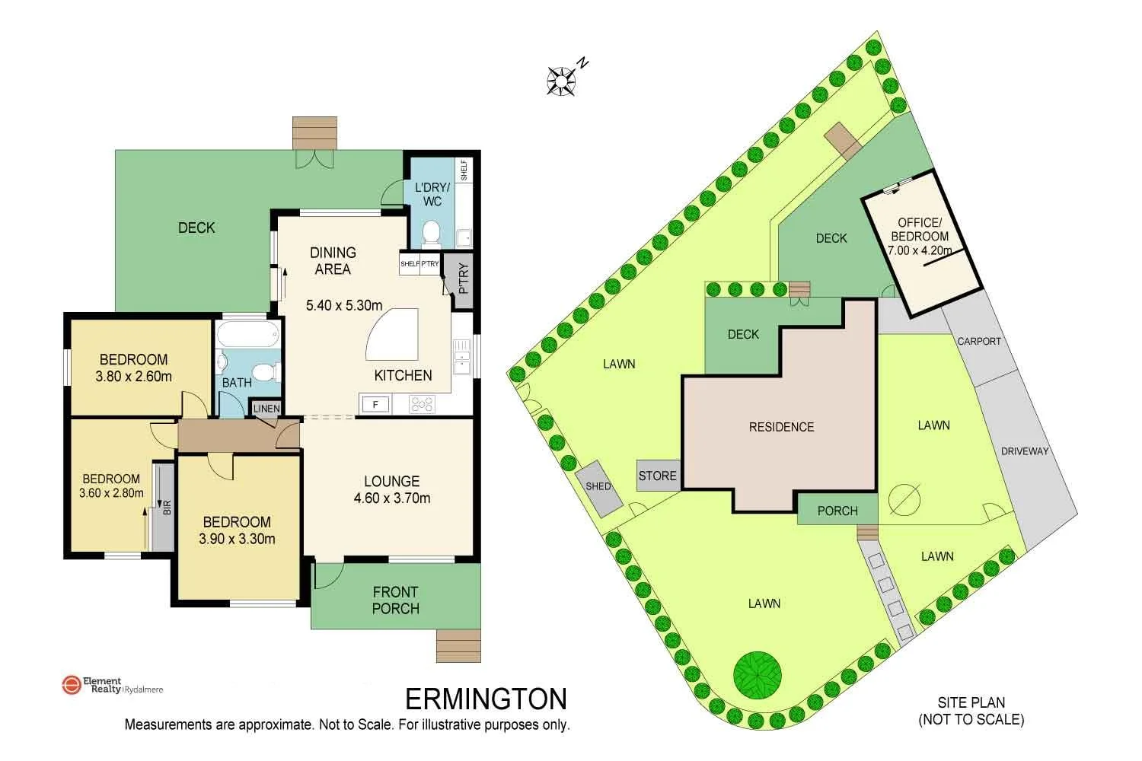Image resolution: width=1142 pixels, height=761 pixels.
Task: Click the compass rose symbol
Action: (562, 81)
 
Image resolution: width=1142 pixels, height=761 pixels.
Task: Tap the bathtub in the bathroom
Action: (247, 336)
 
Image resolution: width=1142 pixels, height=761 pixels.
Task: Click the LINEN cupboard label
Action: (266, 409)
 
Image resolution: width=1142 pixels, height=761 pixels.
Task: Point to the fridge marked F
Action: (375, 405)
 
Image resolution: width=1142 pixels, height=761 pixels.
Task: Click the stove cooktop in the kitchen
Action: (422, 404)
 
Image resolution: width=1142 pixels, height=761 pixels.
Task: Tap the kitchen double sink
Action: (462, 358)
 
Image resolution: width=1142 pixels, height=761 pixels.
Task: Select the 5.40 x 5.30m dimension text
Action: (344, 305)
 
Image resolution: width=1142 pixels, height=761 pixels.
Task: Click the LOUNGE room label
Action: (391, 481)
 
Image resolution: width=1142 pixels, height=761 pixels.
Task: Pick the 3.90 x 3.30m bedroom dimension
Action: (237, 539)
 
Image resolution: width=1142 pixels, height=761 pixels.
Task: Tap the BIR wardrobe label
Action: (167, 507)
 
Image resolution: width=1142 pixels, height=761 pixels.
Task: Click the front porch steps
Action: (458, 646)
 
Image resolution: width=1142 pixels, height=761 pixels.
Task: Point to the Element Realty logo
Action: (71, 685)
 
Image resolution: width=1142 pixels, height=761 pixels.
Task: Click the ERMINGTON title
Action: (486, 699)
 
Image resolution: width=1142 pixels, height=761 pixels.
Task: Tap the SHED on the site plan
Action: (599, 487)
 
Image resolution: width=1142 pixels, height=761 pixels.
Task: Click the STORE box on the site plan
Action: (658, 476)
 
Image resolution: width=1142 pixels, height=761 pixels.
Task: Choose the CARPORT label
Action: (979, 341)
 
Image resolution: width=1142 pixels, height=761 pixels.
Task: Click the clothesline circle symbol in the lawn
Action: (904, 500)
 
